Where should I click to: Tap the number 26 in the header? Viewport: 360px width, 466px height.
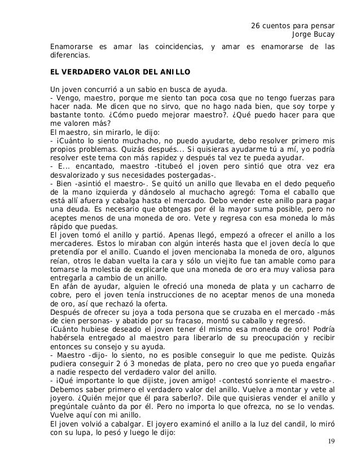click(x=254, y=27)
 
